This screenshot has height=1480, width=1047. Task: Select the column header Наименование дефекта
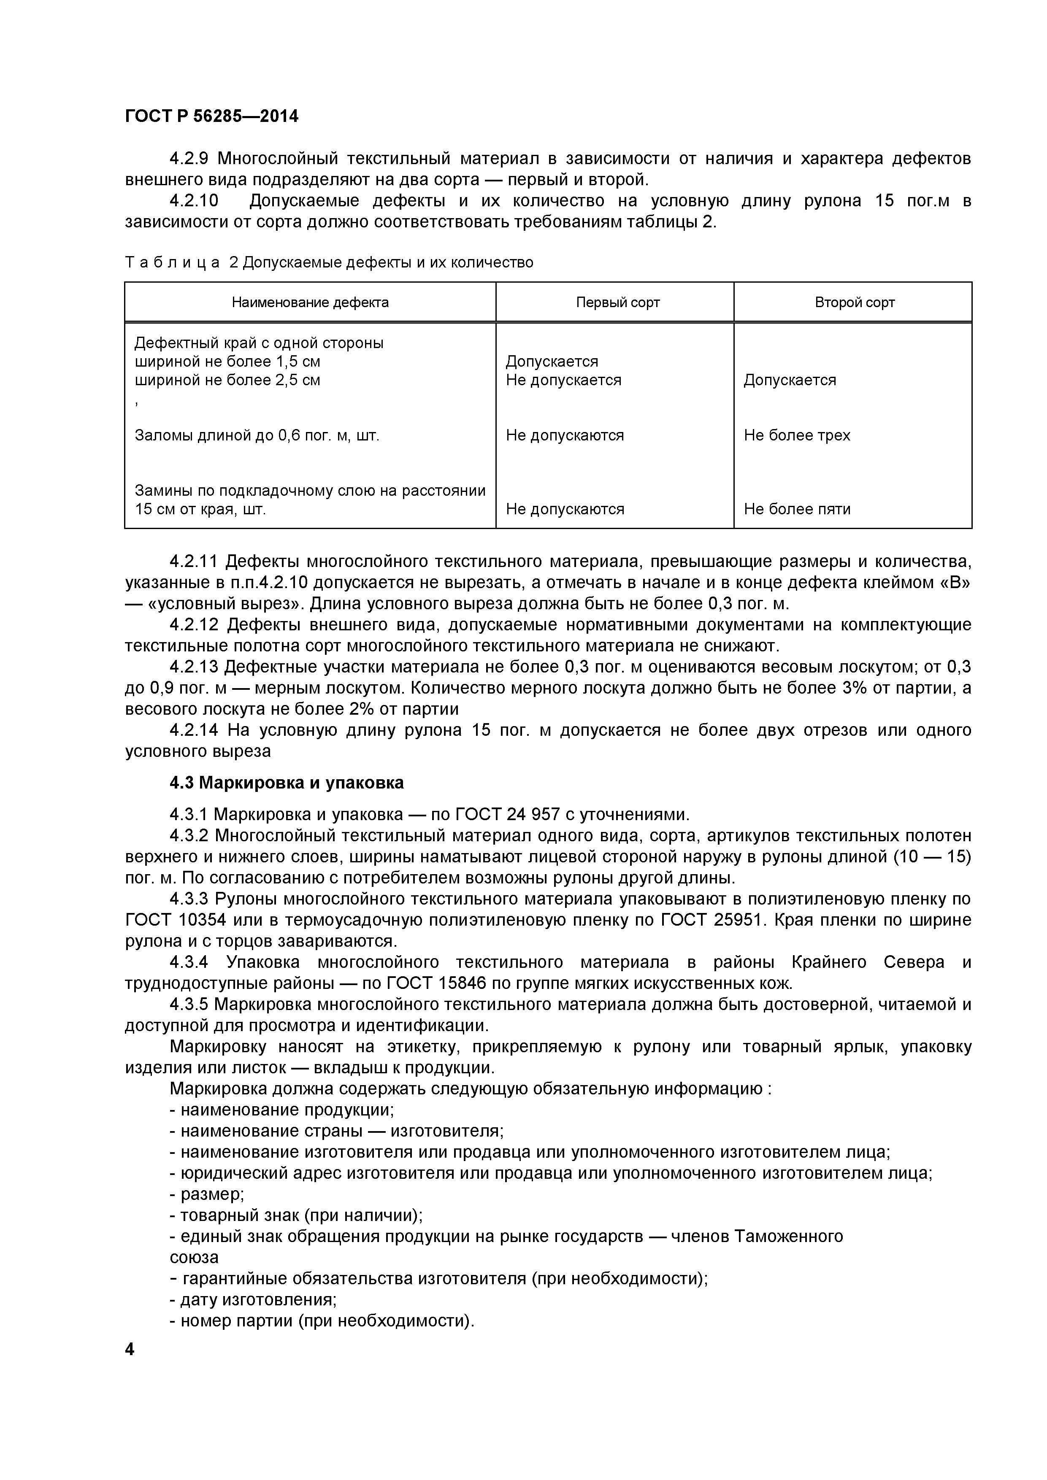[x=310, y=302]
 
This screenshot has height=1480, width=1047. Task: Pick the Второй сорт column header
[x=854, y=302]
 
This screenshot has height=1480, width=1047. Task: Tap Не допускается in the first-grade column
[x=563, y=380]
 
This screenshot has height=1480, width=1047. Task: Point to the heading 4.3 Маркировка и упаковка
[x=287, y=783]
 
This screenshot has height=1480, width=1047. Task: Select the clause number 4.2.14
[x=194, y=730]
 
